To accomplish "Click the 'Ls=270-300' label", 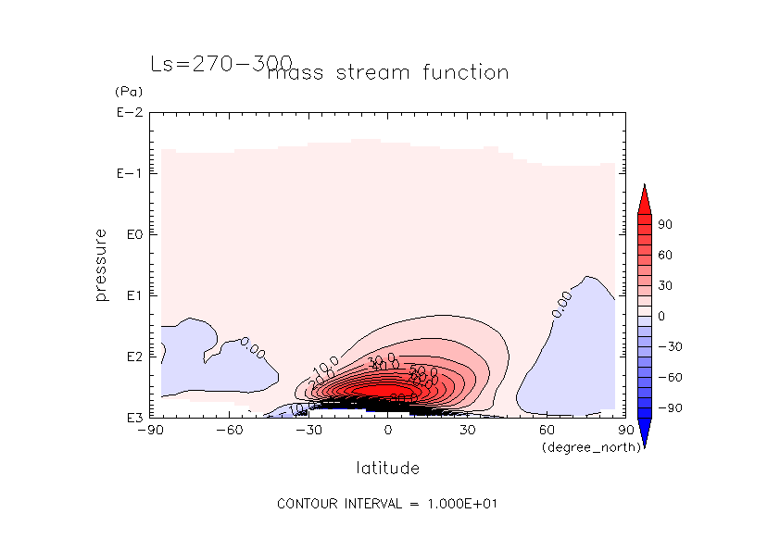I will click(220, 64).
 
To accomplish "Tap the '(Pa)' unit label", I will click(125, 93).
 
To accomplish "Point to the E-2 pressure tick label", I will click(127, 113).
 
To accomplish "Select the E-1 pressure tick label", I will click(127, 173).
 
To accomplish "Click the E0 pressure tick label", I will click(130, 234).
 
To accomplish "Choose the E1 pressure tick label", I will click(130, 295).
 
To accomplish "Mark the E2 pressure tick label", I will click(130, 357).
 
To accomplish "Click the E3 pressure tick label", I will click(130, 418).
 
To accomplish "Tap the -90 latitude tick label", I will click(149, 431).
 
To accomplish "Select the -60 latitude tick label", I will click(229, 431).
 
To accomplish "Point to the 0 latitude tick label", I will click(387, 431).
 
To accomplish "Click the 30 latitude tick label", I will click(467, 431).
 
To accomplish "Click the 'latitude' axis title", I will click(387, 469).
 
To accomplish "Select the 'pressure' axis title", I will click(101, 265).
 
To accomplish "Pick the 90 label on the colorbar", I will click(665, 225).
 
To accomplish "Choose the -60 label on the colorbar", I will click(668, 377).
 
